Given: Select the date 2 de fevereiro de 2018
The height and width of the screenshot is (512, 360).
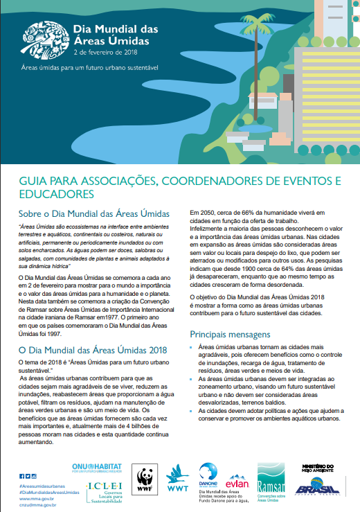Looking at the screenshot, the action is (x=107, y=52).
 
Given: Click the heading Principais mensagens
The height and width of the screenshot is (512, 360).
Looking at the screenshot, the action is (x=228, y=334).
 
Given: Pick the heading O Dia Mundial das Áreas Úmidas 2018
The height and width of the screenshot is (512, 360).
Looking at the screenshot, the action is (x=93, y=350).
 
